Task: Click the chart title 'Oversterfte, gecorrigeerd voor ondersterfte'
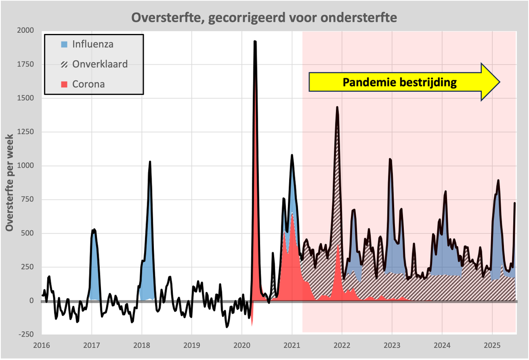[x=264, y=18]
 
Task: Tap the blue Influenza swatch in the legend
[x=65, y=44]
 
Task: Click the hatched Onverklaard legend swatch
[x=65, y=64]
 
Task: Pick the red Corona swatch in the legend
[x=65, y=84]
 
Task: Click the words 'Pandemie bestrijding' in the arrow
[x=400, y=82]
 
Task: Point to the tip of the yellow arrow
[x=499, y=82]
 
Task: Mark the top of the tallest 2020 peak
[x=255, y=41]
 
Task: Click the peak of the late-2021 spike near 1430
[x=337, y=107]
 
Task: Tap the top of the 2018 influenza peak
[x=150, y=162]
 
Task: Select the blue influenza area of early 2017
[x=94, y=265]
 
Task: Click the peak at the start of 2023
[x=390, y=159]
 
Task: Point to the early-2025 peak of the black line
[x=498, y=180]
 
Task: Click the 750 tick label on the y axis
[x=26, y=199]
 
